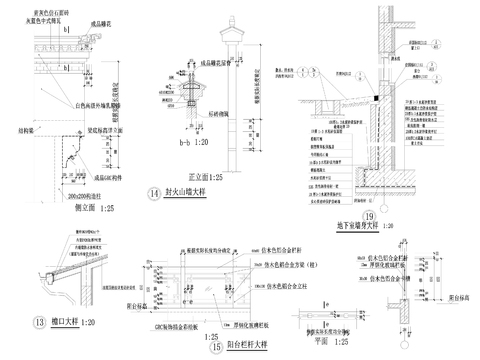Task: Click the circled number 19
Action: [x=368, y=216]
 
